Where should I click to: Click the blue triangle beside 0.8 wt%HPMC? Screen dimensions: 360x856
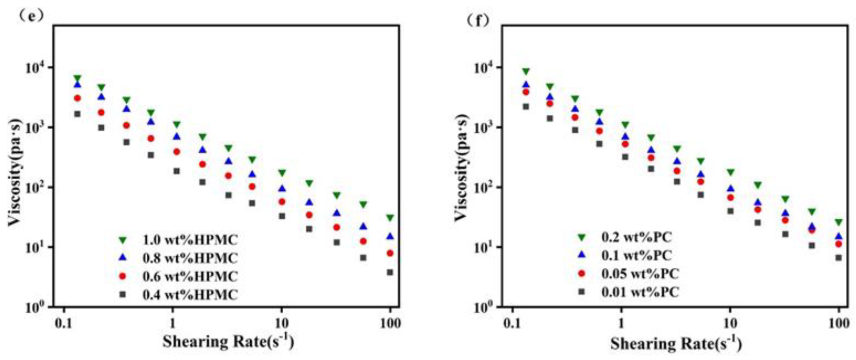coord(122,257)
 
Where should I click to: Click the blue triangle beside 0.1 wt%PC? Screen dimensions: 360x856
coord(582,254)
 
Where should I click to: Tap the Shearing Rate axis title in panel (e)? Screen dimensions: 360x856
coord(228,342)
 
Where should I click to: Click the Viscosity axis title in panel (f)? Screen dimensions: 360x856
coord(461,167)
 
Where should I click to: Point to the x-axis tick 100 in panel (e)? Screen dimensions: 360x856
coord(390,323)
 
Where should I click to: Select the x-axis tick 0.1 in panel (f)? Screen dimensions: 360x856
coord(512,323)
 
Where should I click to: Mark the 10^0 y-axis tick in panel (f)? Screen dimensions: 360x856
coord(482,307)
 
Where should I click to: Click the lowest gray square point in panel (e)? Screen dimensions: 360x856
coord(390,272)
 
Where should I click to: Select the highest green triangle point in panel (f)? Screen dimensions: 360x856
coord(526,72)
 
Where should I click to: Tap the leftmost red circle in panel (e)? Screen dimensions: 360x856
coord(77,98)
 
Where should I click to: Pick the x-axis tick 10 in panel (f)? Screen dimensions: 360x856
coord(730,323)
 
